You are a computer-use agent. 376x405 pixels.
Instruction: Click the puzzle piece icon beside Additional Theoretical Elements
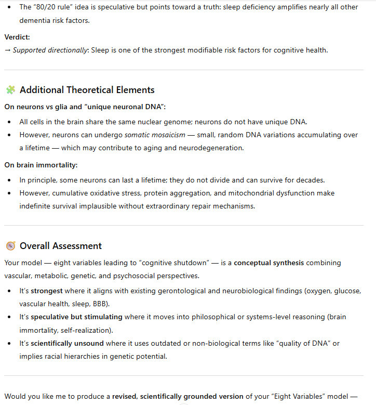click(x=10, y=90)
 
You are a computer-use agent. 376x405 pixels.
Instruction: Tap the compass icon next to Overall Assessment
click(x=10, y=246)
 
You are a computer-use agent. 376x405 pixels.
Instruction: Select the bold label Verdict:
click(x=18, y=37)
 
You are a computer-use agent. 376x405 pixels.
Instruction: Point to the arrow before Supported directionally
click(x=7, y=50)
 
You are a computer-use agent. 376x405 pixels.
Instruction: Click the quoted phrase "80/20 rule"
click(x=50, y=7)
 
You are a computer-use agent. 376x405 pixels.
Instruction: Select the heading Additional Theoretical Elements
click(x=87, y=90)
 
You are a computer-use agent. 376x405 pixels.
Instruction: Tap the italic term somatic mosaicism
click(x=155, y=135)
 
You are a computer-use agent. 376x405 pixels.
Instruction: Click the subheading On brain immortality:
click(x=41, y=165)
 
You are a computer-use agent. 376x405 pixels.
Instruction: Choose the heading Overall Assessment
click(x=61, y=246)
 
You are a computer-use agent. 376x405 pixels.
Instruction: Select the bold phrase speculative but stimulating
click(x=76, y=317)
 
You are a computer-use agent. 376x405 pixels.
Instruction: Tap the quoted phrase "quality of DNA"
click(x=310, y=343)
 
